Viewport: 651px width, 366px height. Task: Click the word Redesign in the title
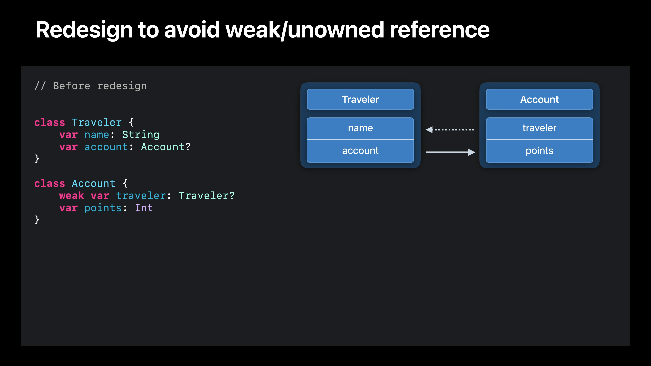click(x=84, y=30)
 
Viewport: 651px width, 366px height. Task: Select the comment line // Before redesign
click(x=91, y=86)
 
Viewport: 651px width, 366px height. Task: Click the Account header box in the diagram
click(x=539, y=99)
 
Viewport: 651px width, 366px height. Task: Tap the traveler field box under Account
click(x=539, y=128)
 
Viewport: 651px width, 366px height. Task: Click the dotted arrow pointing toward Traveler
click(x=450, y=130)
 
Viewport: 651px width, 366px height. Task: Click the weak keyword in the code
click(x=72, y=196)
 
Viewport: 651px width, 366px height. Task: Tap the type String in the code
click(x=141, y=135)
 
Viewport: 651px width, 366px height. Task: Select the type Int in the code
click(x=144, y=208)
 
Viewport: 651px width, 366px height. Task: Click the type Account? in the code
click(x=165, y=147)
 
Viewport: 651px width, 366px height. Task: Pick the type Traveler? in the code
click(x=206, y=196)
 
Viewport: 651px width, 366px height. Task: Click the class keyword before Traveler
click(x=50, y=123)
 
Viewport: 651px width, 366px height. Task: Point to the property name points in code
click(x=103, y=208)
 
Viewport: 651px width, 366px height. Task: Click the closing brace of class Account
click(x=37, y=220)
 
